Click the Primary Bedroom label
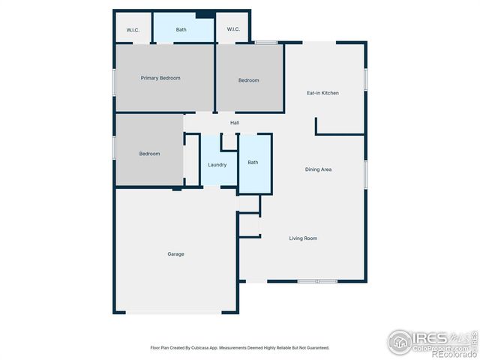point(160,78)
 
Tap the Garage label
point(175,254)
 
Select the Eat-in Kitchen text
point(322,93)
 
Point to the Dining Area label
point(318,169)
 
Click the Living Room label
point(303,238)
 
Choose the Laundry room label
point(217,164)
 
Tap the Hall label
point(235,122)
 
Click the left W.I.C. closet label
point(133,30)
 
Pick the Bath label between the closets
point(181,30)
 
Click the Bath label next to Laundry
point(253,162)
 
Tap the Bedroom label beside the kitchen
point(249,80)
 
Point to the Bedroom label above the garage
point(149,154)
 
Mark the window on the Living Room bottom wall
point(316,281)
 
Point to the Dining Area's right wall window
point(365,174)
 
